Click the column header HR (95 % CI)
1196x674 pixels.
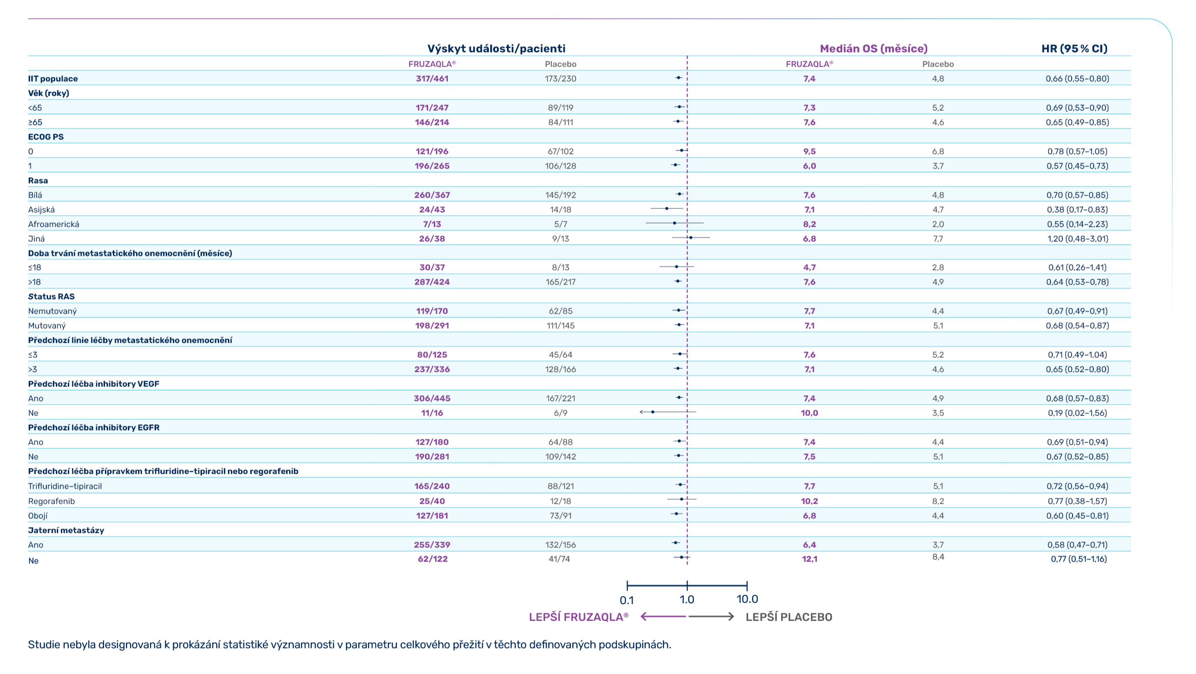[x=1074, y=49]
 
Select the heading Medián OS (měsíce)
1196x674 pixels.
[x=873, y=49]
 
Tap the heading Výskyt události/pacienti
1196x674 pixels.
[x=496, y=49]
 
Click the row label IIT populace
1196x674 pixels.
[x=53, y=79]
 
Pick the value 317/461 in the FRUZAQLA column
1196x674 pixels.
[x=432, y=79]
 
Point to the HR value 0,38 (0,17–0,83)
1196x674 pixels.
[x=1077, y=210]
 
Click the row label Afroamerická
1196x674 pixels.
[x=53, y=225]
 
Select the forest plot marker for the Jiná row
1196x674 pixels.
[x=691, y=238]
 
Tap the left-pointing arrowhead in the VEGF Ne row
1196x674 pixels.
[x=641, y=412]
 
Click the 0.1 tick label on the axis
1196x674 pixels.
[x=626, y=600]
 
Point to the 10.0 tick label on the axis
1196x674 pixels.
[x=747, y=599]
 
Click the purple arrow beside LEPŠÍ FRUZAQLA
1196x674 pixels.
[x=663, y=617]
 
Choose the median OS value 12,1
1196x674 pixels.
[x=809, y=559]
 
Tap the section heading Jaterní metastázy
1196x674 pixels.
[x=66, y=531]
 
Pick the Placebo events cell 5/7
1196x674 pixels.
[x=560, y=225]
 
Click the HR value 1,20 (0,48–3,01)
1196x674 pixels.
[x=1077, y=239]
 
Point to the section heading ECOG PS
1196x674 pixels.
[x=45, y=137]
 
